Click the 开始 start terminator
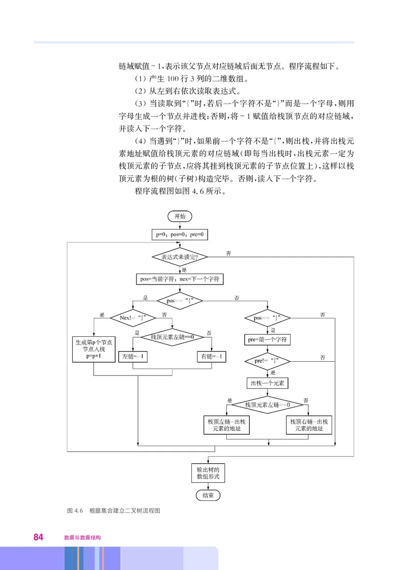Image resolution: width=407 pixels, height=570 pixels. [x=180, y=216]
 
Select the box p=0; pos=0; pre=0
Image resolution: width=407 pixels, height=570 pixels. [x=180, y=235]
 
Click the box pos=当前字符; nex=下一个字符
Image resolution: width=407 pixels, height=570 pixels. [x=180, y=279]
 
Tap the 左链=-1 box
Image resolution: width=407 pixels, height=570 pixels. [x=133, y=357]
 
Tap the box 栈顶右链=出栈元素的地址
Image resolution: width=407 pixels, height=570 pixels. [x=309, y=425]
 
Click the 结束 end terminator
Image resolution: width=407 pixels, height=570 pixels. [x=208, y=495]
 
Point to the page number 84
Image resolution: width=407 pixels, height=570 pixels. [x=38, y=537]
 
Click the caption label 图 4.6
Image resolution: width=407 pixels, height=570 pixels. [x=75, y=511]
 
